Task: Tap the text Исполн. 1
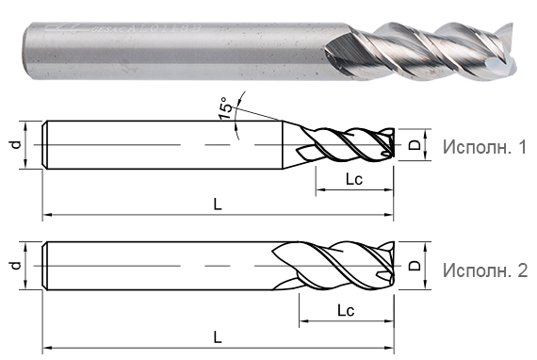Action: click(483, 147)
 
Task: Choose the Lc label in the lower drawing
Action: click(343, 309)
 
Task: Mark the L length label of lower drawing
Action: click(218, 335)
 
